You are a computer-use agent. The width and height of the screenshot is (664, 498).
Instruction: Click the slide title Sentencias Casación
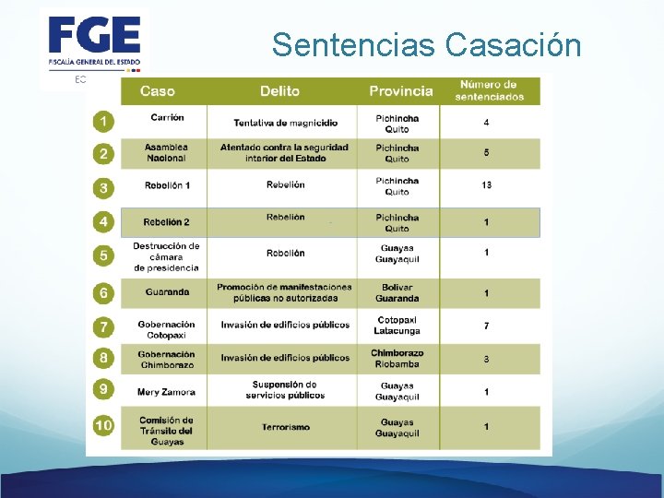pos(426,44)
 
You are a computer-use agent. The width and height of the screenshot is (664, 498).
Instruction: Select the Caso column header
pos(158,91)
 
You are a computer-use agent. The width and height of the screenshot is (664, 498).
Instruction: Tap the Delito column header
pos(279,91)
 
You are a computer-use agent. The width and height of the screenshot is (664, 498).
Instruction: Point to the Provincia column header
pos(400,91)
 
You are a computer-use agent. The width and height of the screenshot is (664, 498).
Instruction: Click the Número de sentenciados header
pos(489,90)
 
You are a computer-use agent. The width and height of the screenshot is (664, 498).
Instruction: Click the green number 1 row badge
pos(103,122)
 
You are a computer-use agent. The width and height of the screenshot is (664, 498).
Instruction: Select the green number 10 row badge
pos(103,426)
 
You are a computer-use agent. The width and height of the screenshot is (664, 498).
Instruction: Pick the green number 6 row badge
pos(103,292)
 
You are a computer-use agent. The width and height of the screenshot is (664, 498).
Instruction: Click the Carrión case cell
pos(167,118)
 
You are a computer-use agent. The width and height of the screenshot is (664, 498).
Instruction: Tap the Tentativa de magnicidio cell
pos(285,123)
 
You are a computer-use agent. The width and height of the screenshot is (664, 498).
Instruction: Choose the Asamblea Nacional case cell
pos(166,152)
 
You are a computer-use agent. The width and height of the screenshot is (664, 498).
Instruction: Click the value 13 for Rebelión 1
pos(486,185)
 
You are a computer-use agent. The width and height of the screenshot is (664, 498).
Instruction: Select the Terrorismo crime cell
pos(285,428)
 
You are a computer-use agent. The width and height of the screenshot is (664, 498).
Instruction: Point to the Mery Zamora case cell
pos(166,392)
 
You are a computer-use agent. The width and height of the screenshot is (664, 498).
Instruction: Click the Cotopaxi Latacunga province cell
pos(397,326)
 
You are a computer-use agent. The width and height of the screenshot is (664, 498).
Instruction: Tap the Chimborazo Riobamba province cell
pos(397,358)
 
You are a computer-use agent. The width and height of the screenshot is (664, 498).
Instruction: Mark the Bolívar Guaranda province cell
pos(397,292)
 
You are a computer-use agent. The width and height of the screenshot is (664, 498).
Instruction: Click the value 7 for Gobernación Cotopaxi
pos(486,326)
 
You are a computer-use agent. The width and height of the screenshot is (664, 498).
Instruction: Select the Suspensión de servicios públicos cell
pos(285,390)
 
